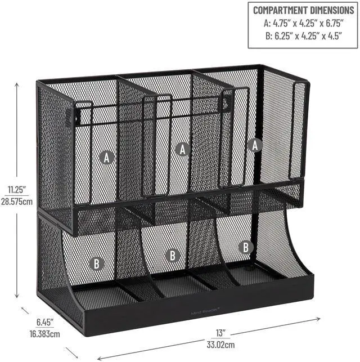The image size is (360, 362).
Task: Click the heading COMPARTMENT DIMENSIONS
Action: pyautogui.click(x=303, y=10)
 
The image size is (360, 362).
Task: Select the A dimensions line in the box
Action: pyautogui.click(x=303, y=25)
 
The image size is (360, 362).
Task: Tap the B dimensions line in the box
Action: pyautogui.click(x=303, y=38)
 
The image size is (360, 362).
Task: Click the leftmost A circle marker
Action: pyautogui.click(x=107, y=157)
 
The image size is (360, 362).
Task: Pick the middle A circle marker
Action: pyautogui.click(x=181, y=149)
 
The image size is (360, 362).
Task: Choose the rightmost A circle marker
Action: pyautogui.click(x=256, y=145)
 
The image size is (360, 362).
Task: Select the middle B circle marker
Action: pyautogui.click(x=173, y=255)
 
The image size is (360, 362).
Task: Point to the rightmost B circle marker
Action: pyautogui.click(x=245, y=247)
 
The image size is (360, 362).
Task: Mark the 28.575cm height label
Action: pyautogui.click(x=17, y=201)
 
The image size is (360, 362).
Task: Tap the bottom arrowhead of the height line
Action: pyautogui.click(x=17, y=297)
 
